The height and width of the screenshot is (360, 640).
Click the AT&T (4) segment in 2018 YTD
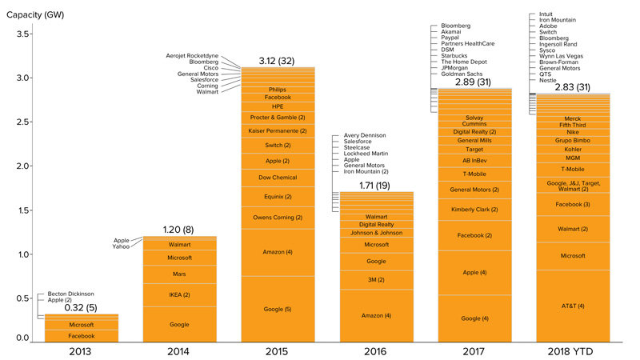click(573, 306)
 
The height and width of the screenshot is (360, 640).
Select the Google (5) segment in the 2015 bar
click(278, 309)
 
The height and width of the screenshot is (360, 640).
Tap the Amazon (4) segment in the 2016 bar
click(376, 316)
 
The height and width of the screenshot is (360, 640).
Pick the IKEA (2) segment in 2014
click(179, 295)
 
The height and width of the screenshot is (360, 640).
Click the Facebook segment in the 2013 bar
click(81, 336)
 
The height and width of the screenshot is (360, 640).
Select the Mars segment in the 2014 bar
click(179, 274)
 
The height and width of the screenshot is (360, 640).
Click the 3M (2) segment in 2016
click(376, 280)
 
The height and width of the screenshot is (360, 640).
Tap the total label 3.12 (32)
click(278, 60)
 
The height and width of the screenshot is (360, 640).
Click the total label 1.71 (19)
click(376, 185)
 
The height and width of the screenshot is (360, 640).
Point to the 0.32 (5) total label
click(81, 306)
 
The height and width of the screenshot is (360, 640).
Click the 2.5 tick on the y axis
click(24, 122)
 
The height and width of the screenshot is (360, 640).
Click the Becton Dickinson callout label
click(72, 293)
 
